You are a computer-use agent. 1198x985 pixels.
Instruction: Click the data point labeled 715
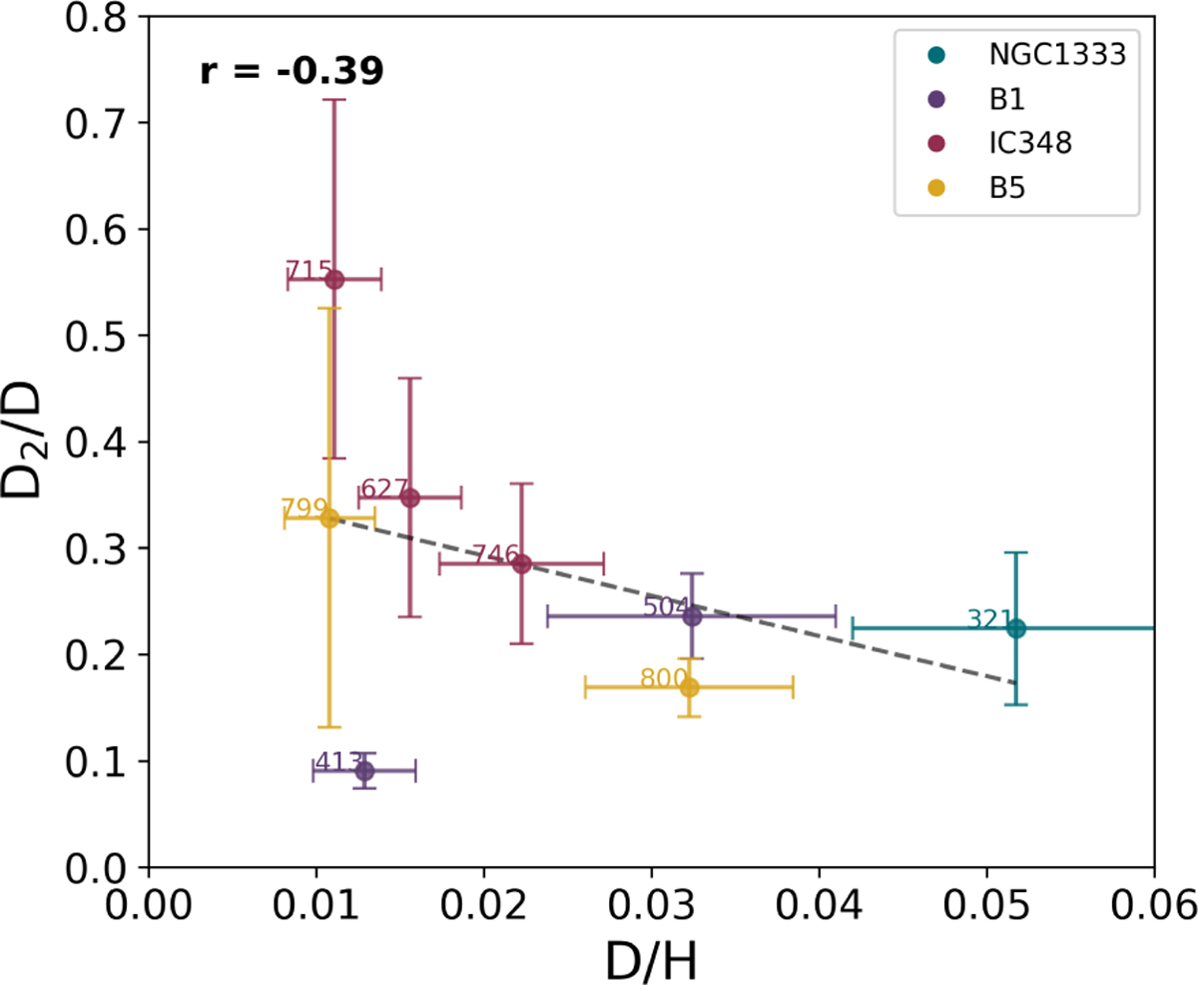(x=334, y=279)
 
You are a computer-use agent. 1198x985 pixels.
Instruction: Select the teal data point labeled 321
(x=1015, y=628)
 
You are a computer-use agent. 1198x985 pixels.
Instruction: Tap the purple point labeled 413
(x=364, y=771)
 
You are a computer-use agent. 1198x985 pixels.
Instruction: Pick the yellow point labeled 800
(x=689, y=687)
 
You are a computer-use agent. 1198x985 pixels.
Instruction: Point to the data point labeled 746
(x=521, y=564)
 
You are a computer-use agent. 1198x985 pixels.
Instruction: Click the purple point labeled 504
(x=692, y=616)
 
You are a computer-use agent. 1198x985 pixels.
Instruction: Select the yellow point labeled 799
(x=329, y=517)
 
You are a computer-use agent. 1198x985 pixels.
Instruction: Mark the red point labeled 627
(x=409, y=497)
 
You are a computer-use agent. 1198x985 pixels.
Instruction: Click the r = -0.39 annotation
(x=292, y=73)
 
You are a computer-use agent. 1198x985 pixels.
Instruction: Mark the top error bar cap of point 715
(x=334, y=100)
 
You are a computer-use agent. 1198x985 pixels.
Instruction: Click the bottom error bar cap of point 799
(x=329, y=727)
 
